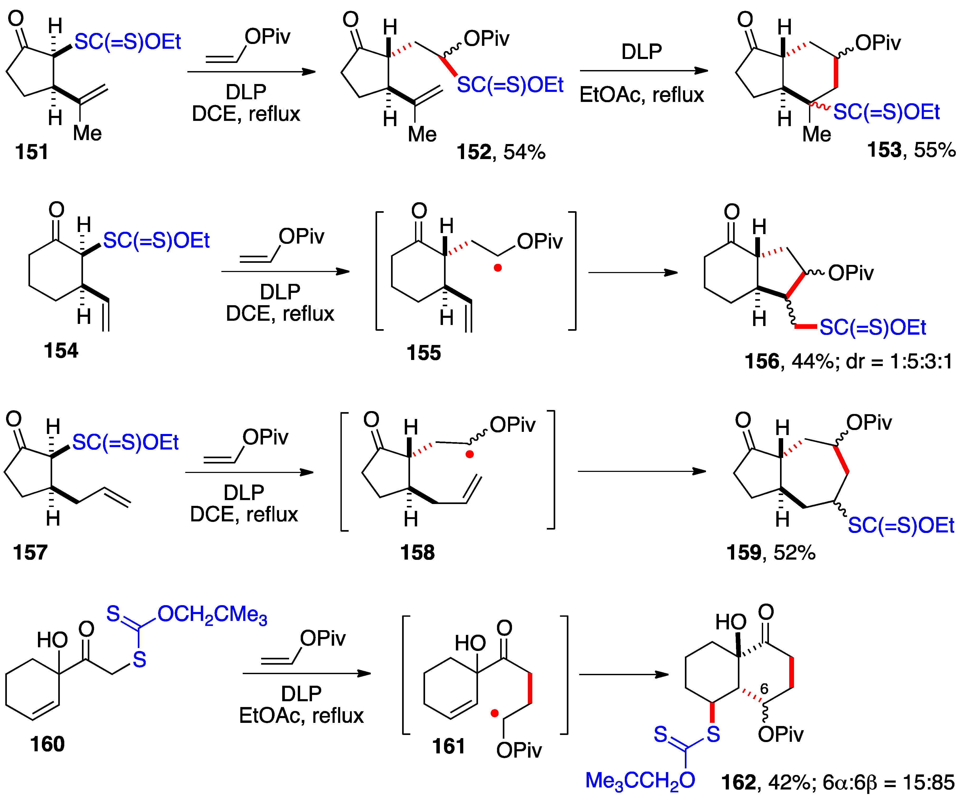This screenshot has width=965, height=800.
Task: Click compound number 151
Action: click(x=31, y=152)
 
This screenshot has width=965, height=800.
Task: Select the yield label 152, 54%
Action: click(x=501, y=152)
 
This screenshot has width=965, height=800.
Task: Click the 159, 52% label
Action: click(x=771, y=552)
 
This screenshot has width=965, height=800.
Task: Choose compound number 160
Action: click(x=47, y=744)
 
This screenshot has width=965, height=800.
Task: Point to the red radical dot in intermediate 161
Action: click(x=494, y=713)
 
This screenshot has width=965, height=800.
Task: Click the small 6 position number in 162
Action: click(x=764, y=689)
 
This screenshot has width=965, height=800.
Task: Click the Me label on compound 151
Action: click(x=87, y=134)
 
